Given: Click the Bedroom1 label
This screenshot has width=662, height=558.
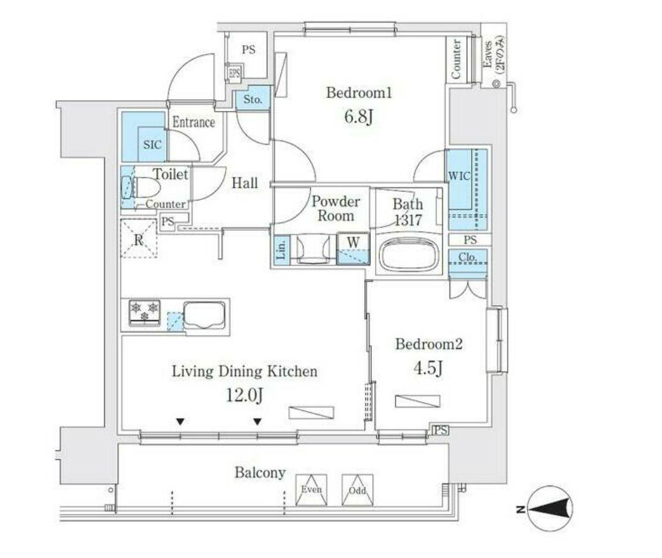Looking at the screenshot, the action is [x=359, y=92].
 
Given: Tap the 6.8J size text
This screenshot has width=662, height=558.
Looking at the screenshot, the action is [x=358, y=117].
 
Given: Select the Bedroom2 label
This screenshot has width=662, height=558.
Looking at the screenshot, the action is [x=429, y=344].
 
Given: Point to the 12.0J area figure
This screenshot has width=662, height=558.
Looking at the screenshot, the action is [x=245, y=395].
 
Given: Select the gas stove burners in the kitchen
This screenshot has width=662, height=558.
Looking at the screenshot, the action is [x=145, y=312].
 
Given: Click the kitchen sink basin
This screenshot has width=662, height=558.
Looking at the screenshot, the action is [x=204, y=316].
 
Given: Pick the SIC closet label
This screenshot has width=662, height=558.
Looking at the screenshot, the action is [x=152, y=145].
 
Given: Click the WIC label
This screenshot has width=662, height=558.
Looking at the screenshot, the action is [x=459, y=176].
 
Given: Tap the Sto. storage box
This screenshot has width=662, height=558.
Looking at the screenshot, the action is [x=253, y=99].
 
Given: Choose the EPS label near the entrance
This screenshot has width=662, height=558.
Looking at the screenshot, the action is [x=234, y=73].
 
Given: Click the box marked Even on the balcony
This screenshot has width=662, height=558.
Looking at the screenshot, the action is [x=312, y=490].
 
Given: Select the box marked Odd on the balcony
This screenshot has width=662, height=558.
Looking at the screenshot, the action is [x=358, y=490].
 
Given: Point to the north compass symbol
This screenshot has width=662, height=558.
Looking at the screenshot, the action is [x=551, y=509].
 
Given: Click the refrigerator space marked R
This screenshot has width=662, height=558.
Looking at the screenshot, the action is [x=139, y=239].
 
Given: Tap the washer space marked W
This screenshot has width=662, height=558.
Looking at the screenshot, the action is [x=354, y=249].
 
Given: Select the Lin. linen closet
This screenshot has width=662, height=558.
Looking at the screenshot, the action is [x=282, y=249].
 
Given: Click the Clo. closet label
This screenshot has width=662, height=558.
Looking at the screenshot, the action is [x=467, y=257].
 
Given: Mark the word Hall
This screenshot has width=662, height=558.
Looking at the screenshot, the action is [x=245, y=183].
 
